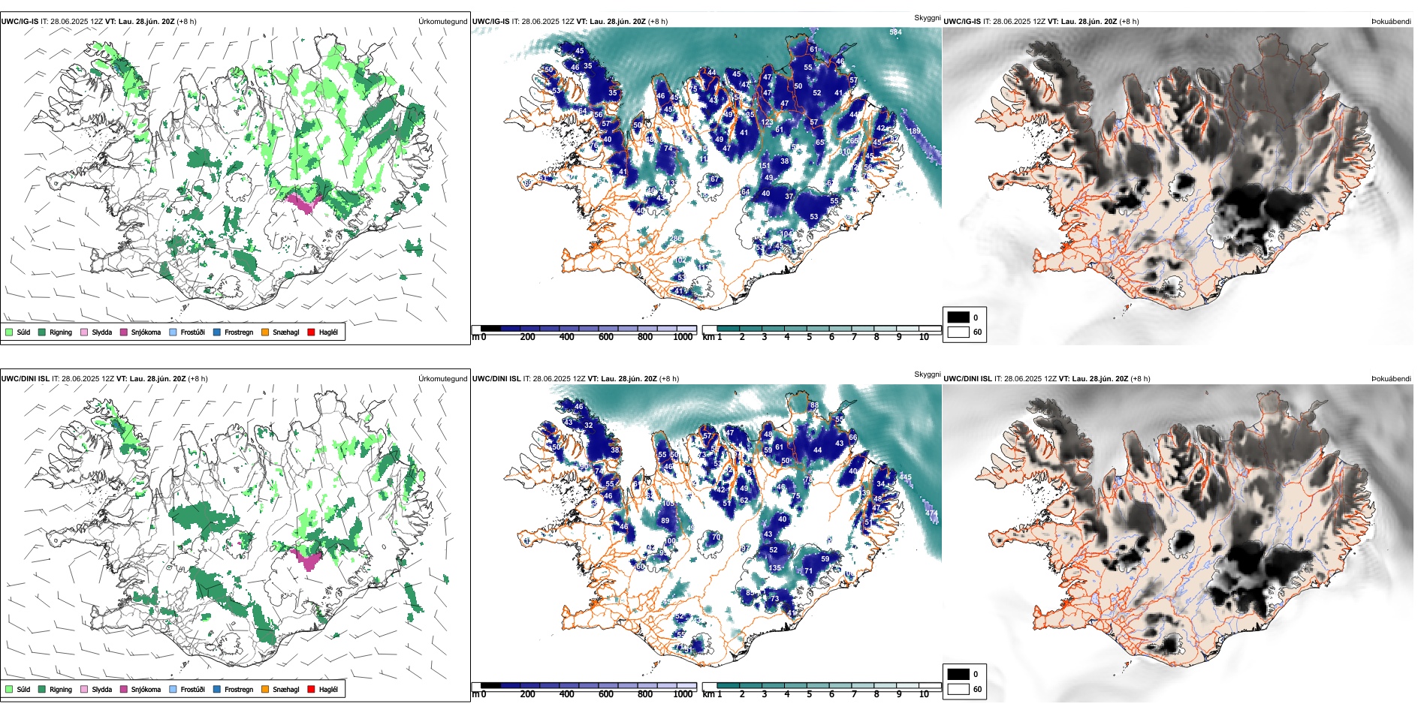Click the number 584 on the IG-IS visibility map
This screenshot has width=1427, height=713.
895,32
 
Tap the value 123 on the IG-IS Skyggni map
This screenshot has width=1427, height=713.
767,122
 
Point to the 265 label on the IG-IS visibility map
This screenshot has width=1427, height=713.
852,140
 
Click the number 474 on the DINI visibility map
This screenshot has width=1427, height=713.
931,513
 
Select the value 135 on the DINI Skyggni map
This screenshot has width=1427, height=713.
774,568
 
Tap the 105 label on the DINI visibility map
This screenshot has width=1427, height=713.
668,504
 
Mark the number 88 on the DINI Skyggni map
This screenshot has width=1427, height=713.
814,405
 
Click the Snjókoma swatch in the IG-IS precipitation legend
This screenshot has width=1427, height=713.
124,332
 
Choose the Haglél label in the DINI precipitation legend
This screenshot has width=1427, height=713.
328,689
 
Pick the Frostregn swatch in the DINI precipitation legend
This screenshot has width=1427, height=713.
217,689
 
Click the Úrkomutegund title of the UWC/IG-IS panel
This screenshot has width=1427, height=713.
442,22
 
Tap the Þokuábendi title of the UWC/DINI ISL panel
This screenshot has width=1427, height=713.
1391,379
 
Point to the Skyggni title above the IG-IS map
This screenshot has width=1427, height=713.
927,17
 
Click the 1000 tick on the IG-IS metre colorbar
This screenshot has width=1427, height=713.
683,337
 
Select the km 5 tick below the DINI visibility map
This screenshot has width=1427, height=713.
809,694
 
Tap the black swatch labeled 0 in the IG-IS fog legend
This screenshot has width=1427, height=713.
958,317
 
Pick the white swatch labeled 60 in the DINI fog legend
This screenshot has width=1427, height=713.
958,688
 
